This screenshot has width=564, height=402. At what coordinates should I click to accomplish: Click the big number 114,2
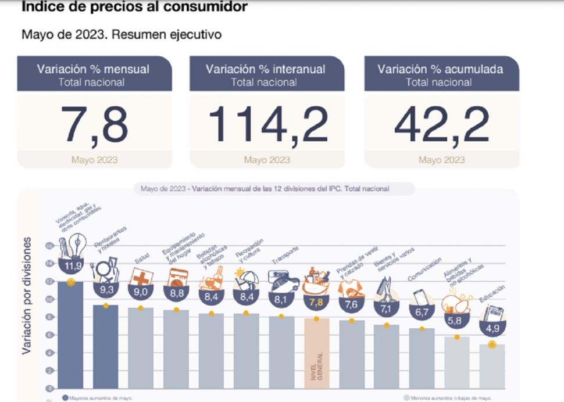coord(267,124)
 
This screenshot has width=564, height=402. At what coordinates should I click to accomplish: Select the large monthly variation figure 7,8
coord(95,124)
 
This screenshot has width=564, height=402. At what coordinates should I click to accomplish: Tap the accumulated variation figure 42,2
coord(441,124)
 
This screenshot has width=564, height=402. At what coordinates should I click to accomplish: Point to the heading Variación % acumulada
coord(440,69)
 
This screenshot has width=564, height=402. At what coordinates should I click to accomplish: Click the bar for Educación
coord(492,366)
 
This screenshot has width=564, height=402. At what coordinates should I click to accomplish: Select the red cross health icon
coord(141,278)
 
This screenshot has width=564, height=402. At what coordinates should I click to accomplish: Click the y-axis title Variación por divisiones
coord(27,295)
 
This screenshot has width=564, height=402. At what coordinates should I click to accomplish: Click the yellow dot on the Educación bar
coord(492,344)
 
